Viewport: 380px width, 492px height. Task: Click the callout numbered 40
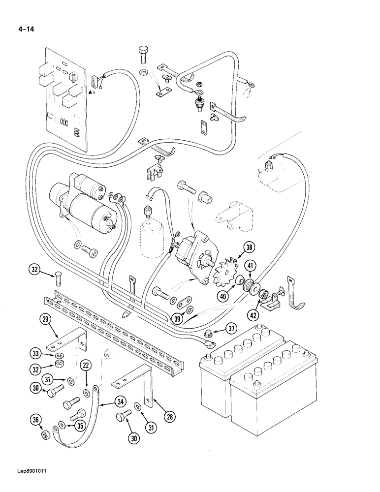[225, 297]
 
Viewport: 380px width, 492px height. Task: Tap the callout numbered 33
[35, 353]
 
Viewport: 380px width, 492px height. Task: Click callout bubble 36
[35, 420]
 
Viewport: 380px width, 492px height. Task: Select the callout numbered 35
[79, 426]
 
